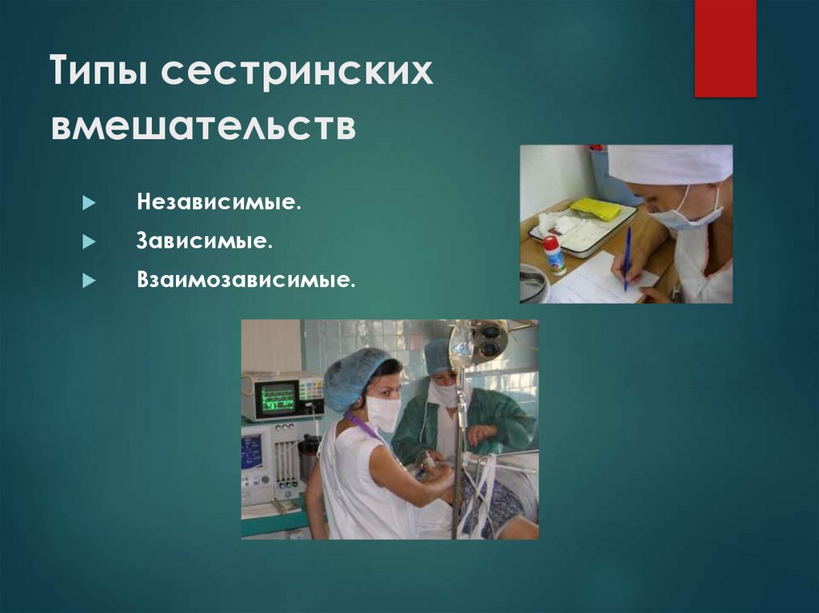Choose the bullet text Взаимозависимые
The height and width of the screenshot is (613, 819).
245,281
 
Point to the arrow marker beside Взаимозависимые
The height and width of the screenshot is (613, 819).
89,281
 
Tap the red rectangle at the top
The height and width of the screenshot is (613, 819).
725,48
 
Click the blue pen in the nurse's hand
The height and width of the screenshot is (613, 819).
627,256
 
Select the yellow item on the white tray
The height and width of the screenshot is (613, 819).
597,209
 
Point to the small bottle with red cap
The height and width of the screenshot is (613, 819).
553,255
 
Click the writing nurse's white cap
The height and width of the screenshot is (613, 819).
670,164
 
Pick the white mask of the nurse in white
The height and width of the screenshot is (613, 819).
382,413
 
